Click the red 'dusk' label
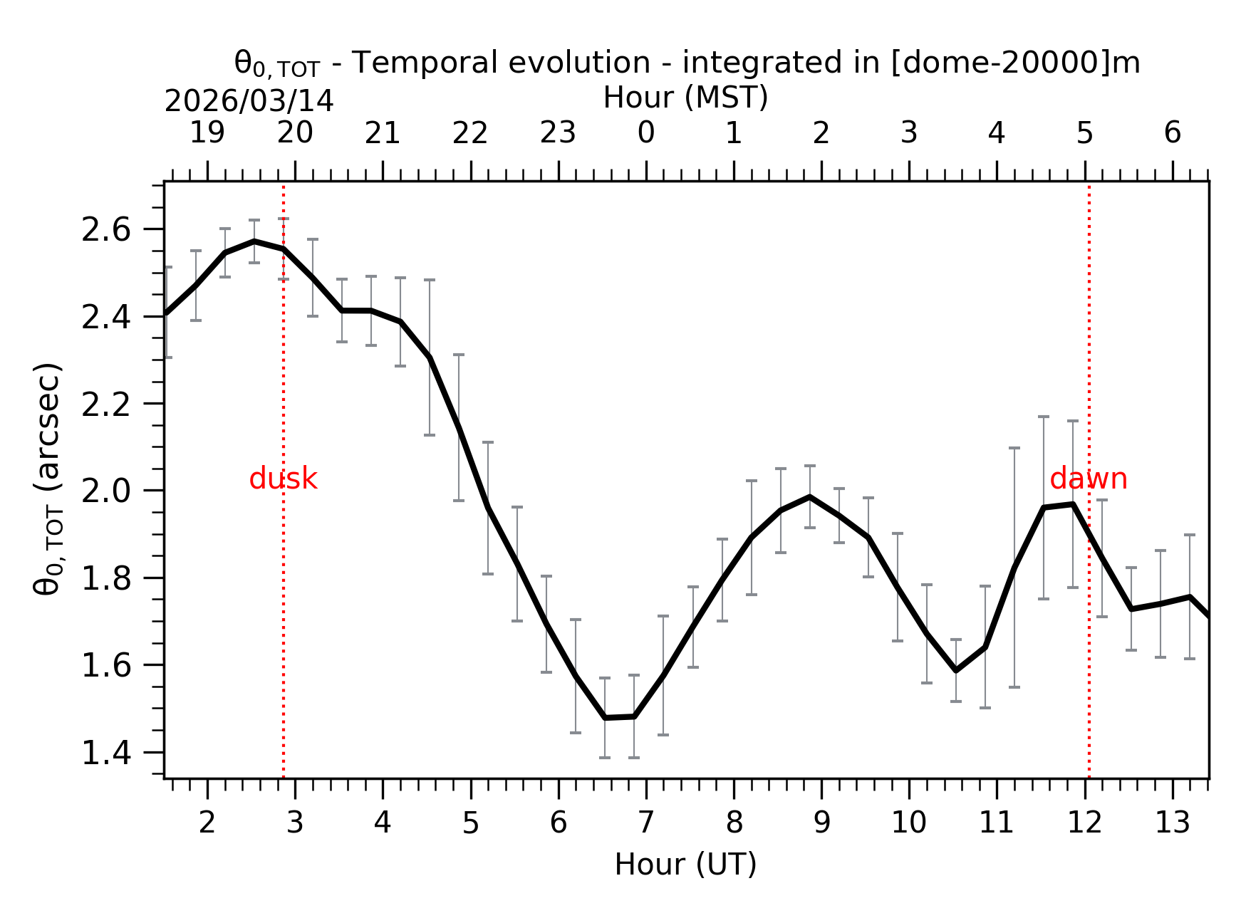point(283,479)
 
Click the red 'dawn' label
point(1088,479)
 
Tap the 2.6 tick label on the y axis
point(106,230)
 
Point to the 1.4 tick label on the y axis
point(106,753)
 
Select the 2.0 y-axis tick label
point(106,491)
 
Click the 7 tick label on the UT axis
point(646,823)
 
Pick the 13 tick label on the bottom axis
point(1172,823)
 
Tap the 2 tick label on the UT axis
point(207,823)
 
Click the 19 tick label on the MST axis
point(207,133)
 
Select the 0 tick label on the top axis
point(646,133)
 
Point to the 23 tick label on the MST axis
point(558,133)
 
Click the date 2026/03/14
point(249,102)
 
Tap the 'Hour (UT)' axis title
point(685,865)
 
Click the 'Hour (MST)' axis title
point(685,98)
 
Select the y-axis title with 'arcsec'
point(48,479)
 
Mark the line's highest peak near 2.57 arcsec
point(254,241)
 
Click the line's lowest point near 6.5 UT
point(605,718)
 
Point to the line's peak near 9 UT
point(810,496)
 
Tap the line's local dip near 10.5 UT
point(956,670)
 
